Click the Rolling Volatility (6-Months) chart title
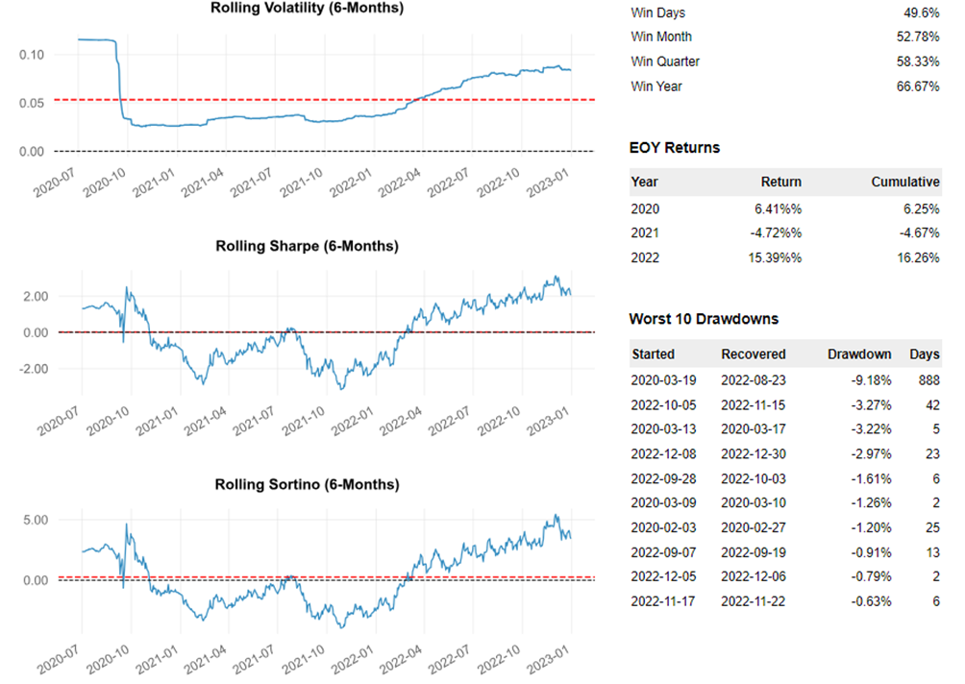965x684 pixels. coord(307,8)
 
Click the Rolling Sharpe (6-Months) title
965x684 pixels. coord(307,246)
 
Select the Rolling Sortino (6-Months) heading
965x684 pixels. coord(307,483)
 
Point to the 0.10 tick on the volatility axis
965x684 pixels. coord(31,54)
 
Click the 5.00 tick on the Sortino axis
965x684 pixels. coord(31,520)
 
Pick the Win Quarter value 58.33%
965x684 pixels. coord(919,61)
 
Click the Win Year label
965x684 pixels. coord(656,86)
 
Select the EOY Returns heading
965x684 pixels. coord(674,148)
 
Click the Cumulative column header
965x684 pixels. coord(905,182)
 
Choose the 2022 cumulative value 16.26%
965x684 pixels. coord(917,257)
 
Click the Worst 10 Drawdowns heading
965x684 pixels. coord(704,318)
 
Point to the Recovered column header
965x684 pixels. coord(754,354)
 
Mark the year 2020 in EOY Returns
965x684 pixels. coord(645,208)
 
